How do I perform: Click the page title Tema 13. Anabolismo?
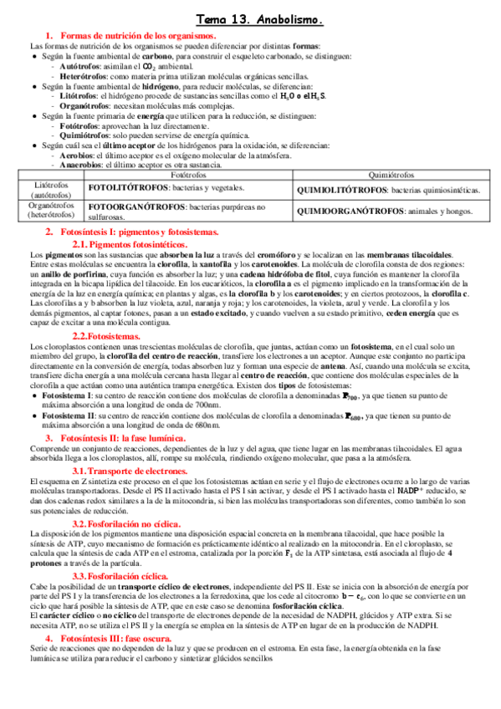pos(260,18)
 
